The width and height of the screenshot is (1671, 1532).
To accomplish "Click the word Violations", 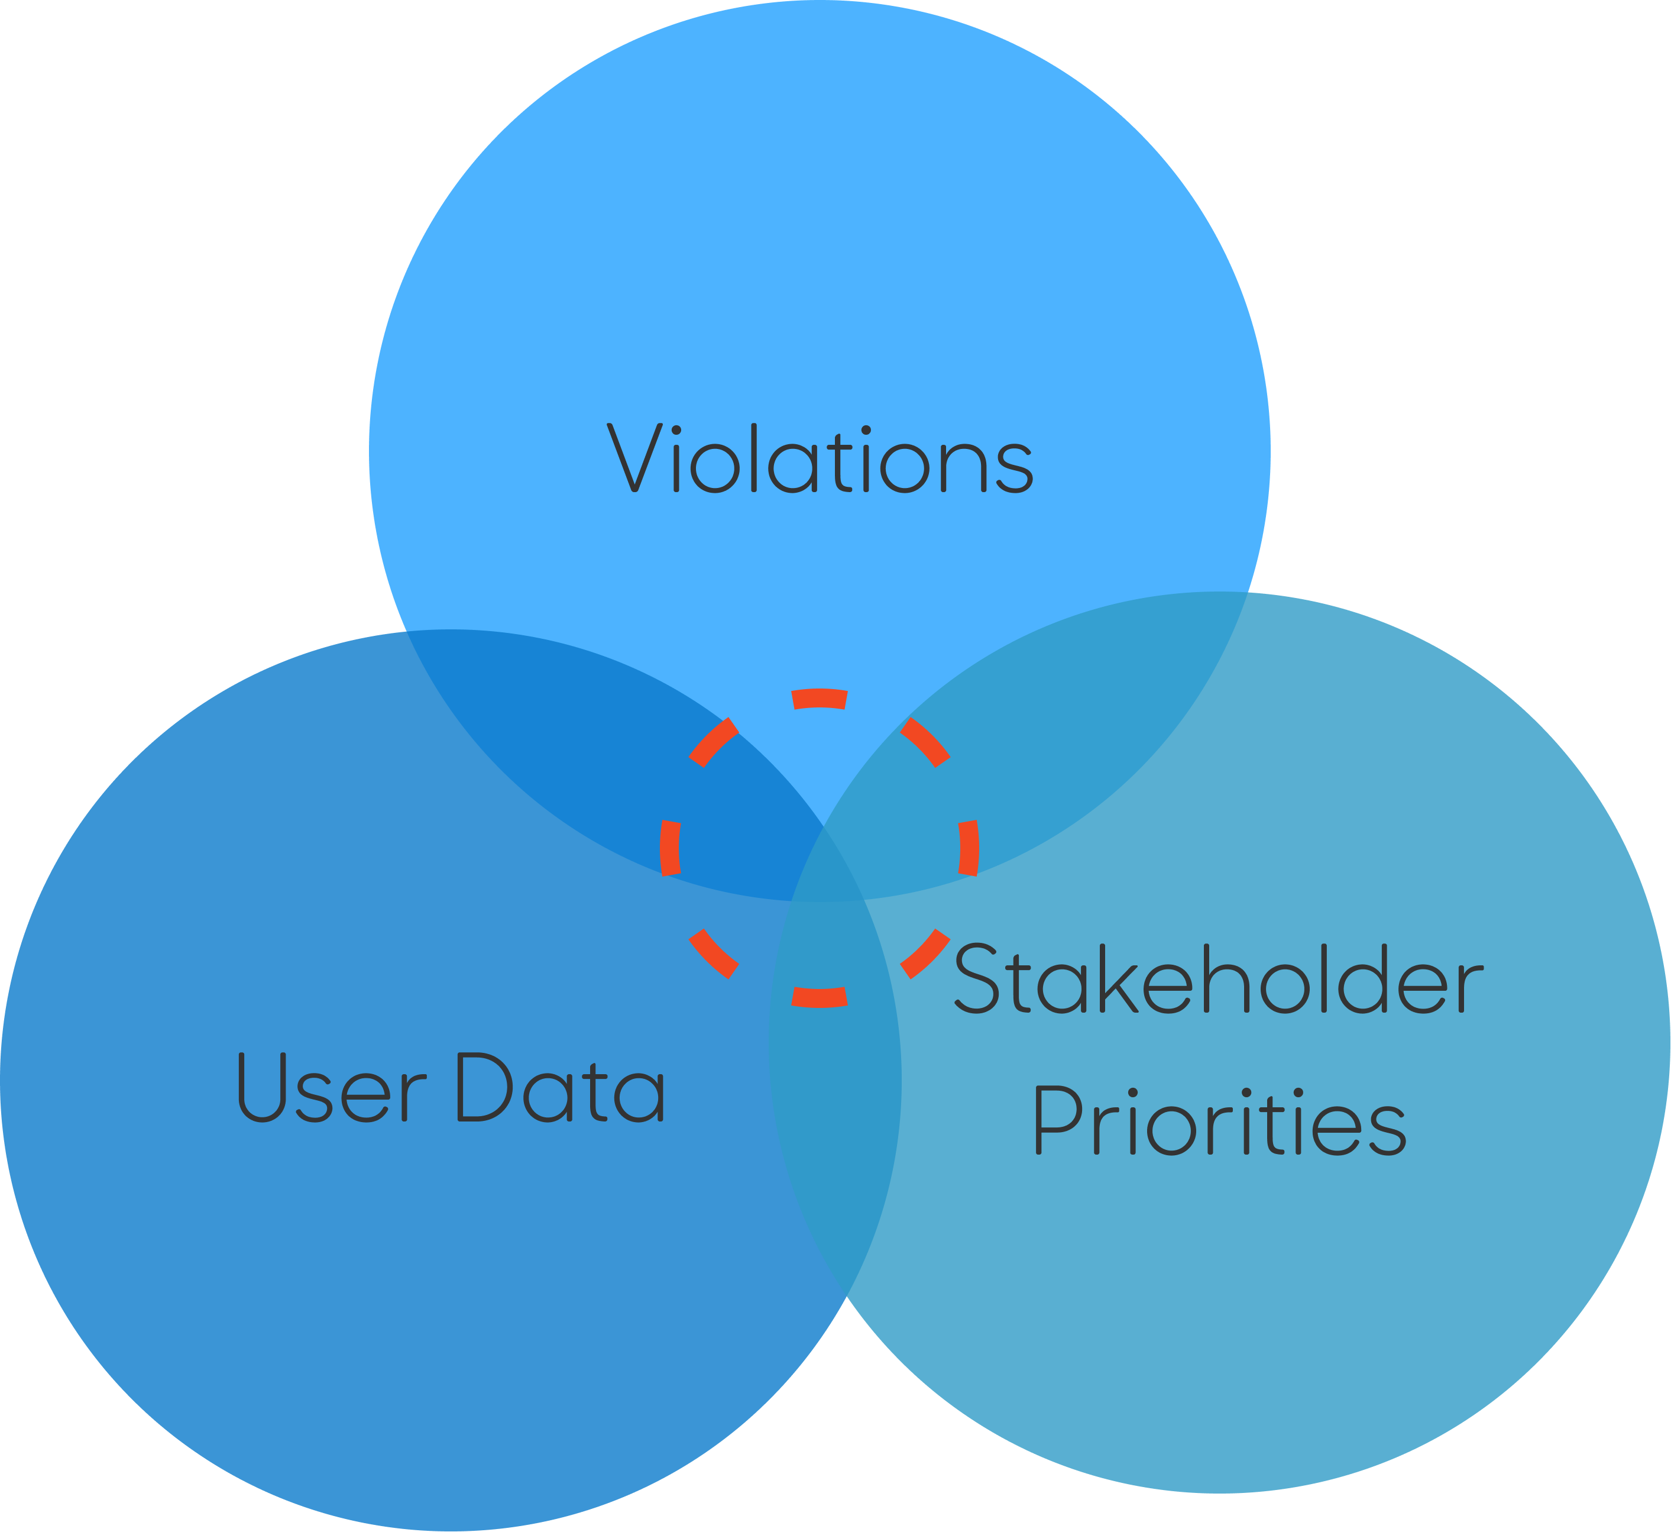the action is [820, 458].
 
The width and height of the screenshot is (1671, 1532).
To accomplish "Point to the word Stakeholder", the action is [1219, 978].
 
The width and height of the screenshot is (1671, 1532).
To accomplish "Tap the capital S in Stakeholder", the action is [976, 978].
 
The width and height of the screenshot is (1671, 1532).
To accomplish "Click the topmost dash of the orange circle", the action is [819, 698].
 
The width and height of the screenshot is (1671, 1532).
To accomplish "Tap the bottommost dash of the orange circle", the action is [819, 997].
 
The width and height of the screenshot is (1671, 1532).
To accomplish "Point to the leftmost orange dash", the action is [671, 848].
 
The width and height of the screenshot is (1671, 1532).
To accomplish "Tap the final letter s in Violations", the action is [1015, 468].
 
